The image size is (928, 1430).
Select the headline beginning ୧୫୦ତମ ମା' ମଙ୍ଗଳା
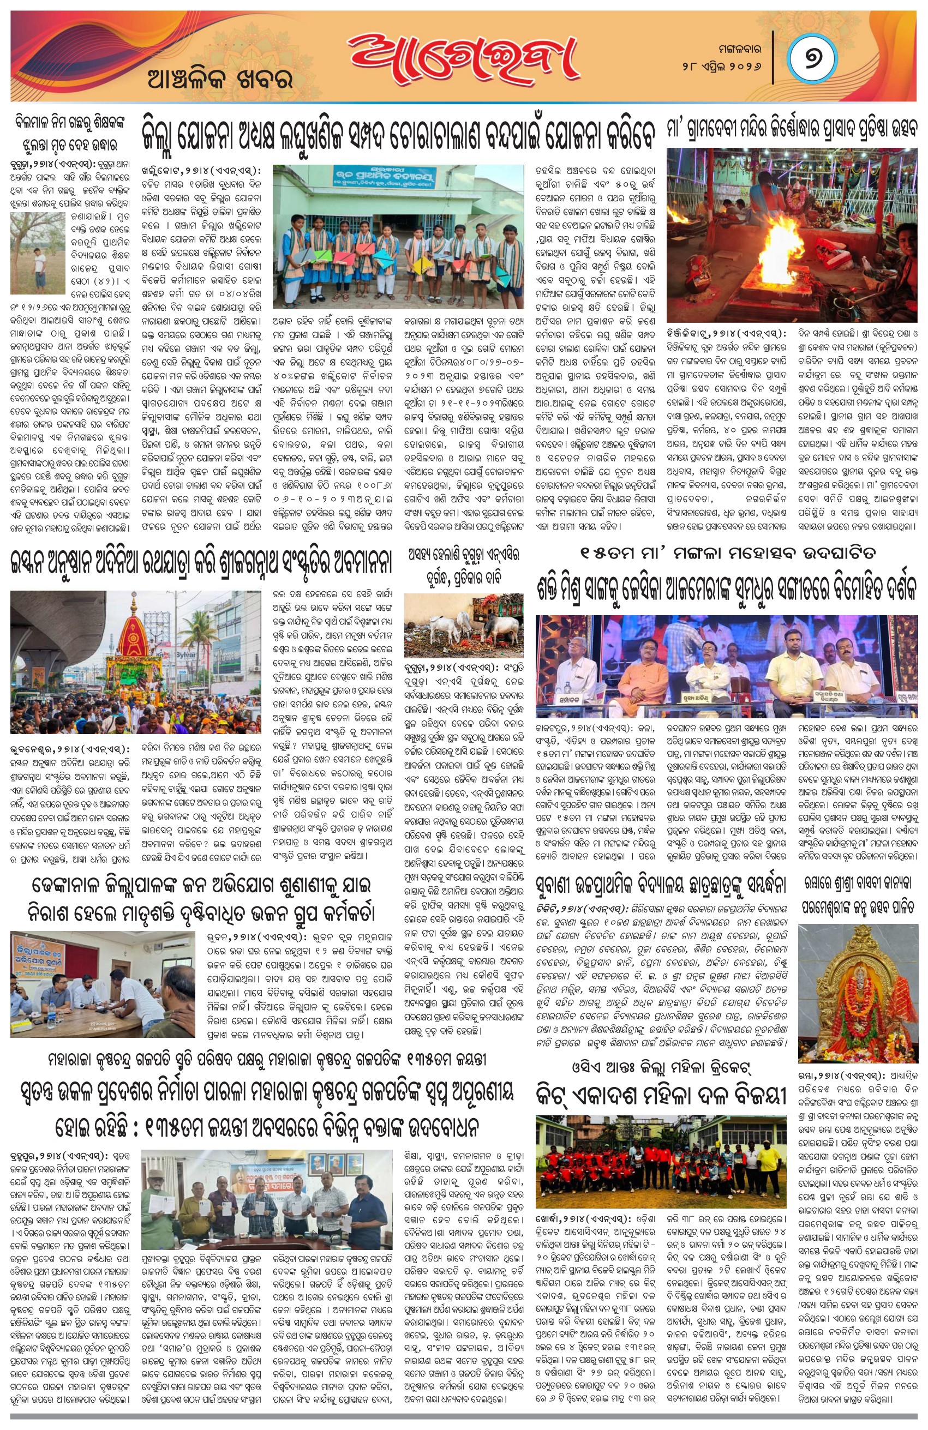point(727,554)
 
